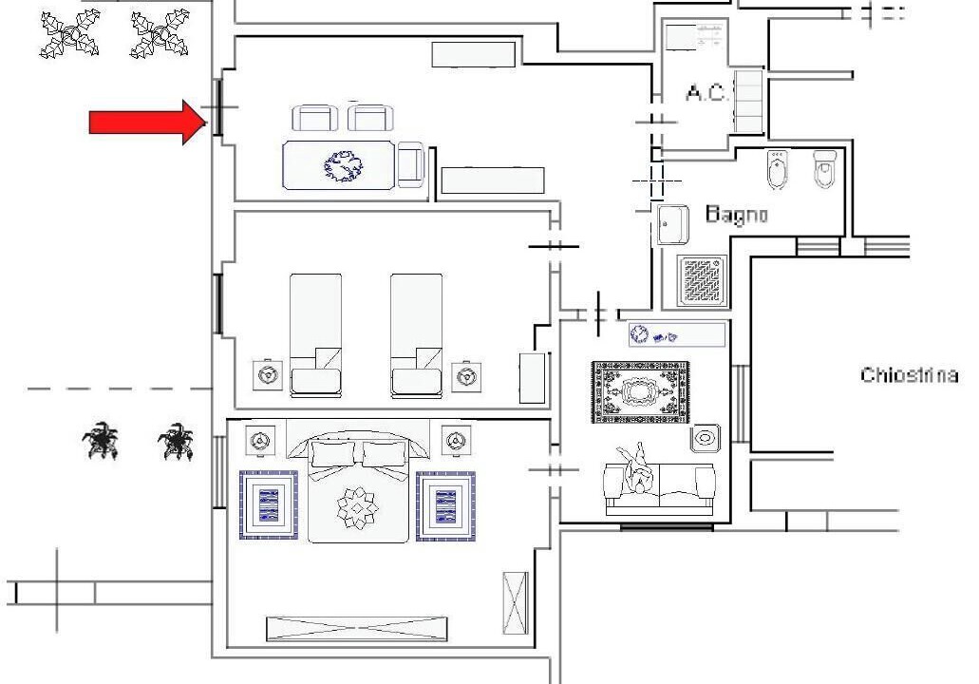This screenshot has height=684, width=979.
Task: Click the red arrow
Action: click(x=148, y=123)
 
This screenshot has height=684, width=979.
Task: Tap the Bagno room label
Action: click(x=736, y=215)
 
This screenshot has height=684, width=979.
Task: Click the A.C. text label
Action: click(x=706, y=93)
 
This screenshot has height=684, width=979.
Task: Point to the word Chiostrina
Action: click(x=909, y=375)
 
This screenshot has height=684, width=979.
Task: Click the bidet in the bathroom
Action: click(x=778, y=168)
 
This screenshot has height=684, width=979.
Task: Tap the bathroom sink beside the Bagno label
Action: click(x=672, y=224)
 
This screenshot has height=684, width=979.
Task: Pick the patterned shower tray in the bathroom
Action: click(x=703, y=280)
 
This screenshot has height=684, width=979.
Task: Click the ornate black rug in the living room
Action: click(x=641, y=392)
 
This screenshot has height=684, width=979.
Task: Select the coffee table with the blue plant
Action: click(x=339, y=165)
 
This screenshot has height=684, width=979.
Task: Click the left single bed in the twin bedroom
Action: click(x=315, y=335)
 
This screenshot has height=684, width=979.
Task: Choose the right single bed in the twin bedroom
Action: click(x=417, y=335)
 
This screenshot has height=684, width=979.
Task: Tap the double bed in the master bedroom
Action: click(x=358, y=487)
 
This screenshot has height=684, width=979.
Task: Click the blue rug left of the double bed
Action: click(x=269, y=505)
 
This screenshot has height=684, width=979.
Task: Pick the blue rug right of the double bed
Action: click(x=445, y=506)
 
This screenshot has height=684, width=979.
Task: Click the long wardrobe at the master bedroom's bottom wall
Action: click(x=356, y=628)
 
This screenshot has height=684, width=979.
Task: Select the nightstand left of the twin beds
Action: click(x=268, y=375)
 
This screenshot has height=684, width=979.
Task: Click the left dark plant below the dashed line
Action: click(x=101, y=440)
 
